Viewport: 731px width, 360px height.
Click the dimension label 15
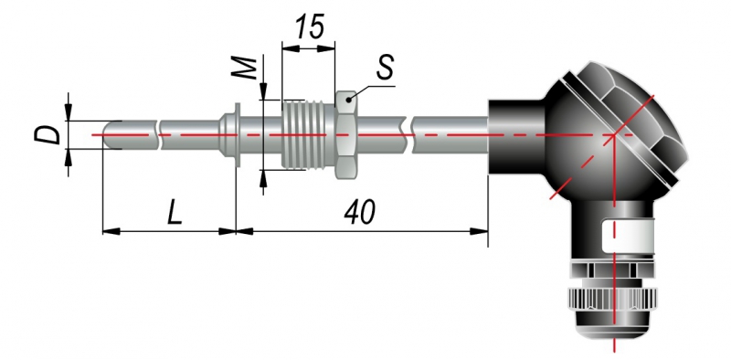[x=310, y=26]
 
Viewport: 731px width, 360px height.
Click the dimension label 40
[x=359, y=212]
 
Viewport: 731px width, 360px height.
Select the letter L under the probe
[x=175, y=213]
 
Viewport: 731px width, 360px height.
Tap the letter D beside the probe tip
[x=48, y=134]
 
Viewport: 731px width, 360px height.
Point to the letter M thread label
[x=244, y=69]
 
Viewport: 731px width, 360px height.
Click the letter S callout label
[x=385, y=68]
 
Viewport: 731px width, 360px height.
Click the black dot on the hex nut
[x=349, y=100]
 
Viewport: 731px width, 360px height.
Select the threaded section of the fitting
[x=308, y=134]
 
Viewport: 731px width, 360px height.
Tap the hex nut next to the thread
[x=346, y=134]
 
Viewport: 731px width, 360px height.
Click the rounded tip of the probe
[x=107, y=134]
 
